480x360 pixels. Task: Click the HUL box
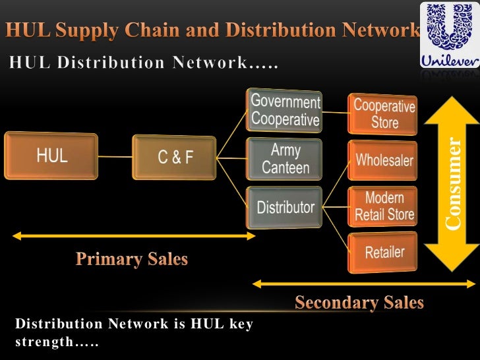coord(51,157)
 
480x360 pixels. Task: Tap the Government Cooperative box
coord(285,111)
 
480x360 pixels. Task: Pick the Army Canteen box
coord(285,159)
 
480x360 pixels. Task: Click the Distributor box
coord(285,207)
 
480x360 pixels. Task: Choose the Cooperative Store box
coord(384,113)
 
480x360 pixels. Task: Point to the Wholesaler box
coord(384,160)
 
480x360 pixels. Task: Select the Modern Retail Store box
coord(384,206)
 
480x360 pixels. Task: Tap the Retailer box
coord(384,252)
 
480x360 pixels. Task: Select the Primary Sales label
coord(131,259)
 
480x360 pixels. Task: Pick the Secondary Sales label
coord(359,303)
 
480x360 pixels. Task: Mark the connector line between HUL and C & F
coord(115,158)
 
